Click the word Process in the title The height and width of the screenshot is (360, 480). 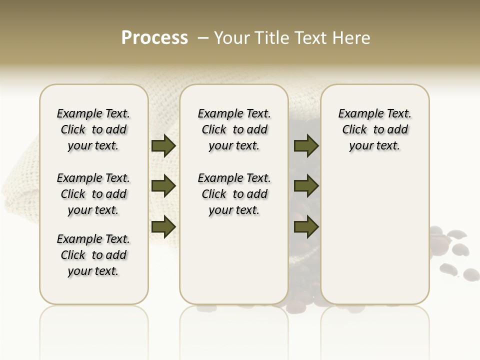click(x=154, y=38)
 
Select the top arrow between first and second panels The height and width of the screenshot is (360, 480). click(x=163, y=146)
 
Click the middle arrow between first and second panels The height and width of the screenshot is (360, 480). click(x=163, y=186)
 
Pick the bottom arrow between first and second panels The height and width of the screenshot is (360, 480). click(x=163, y=227)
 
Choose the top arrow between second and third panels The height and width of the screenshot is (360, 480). click(x=306, y=146)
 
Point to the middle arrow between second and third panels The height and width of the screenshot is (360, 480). click(x=306, y=186)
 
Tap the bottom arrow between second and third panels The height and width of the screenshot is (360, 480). click(x=306, y=227)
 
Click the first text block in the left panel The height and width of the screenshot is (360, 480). click(x=93, y=129)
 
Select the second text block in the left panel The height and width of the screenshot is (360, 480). click(x=93, y=194)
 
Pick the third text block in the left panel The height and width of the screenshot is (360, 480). click(x=93, y=255)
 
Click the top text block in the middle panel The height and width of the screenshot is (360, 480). click(x=234, y=129)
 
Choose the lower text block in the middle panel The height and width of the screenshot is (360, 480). click(x=234, y=194)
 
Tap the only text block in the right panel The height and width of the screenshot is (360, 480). click(x=375, y=129)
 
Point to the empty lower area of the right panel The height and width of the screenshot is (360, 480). click(x=375, y=230)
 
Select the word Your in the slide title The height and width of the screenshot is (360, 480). click(x=231, y=38)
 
